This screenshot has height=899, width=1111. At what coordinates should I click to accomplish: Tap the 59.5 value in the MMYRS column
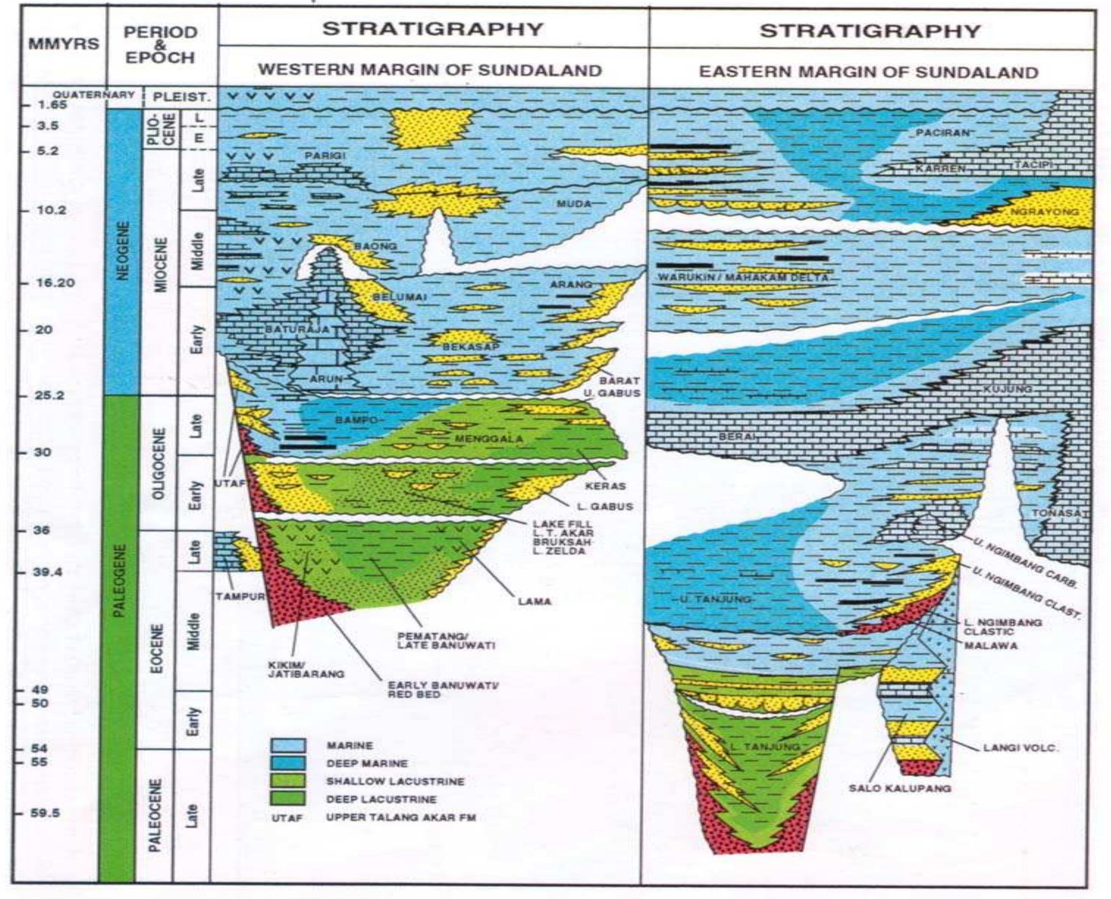coord(46,813)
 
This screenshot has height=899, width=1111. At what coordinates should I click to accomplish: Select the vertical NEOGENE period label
coord(123,250)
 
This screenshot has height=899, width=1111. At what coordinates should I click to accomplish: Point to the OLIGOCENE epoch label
coord(159,463)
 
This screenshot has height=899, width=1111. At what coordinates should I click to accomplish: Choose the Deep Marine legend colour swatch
coord(288,763)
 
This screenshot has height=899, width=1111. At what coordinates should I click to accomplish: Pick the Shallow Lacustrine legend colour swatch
coord(288,781)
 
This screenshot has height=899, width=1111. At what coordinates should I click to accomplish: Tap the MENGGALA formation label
coord(489,439)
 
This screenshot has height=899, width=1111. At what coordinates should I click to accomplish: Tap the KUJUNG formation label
coord(1007,388)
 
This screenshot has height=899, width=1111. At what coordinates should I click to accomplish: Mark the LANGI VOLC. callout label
coord(1020,748)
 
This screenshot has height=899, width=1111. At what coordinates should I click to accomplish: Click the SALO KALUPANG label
coord(900,788)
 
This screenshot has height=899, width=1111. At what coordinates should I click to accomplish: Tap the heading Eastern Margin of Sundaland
coord(868,72)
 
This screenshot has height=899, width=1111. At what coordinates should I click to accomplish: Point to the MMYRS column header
coord(63,44)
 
